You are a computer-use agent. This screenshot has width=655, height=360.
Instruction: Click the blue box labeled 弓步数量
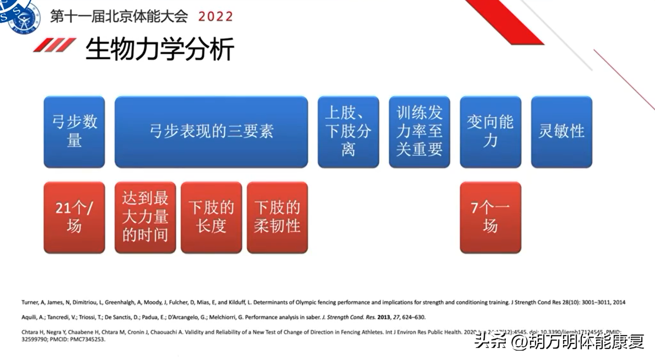74,132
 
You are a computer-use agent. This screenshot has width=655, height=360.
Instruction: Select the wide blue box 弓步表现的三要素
211,132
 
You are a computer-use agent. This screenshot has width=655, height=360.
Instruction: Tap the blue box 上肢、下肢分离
348,132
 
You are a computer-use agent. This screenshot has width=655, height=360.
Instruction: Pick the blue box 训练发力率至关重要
419,132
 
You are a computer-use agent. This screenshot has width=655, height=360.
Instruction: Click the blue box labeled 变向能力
491,132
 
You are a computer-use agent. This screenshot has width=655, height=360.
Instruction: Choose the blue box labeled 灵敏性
561,132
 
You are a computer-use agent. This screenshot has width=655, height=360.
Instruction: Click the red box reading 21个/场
74,217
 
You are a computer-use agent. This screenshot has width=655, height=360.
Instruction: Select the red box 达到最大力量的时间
145,217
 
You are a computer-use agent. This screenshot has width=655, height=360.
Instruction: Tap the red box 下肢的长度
211,217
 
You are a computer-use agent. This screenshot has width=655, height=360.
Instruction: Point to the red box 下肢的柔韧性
277,217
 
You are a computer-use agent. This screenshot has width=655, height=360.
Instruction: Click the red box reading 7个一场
491,217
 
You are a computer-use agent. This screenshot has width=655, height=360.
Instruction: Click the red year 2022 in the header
216,17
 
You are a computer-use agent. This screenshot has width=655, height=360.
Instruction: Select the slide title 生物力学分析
160,49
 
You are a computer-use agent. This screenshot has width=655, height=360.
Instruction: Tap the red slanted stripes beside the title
55,45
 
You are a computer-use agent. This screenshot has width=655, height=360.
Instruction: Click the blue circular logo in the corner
21,16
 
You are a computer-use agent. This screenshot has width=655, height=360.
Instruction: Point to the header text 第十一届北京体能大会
119,17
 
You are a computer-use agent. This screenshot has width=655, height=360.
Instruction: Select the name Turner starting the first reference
30,302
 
